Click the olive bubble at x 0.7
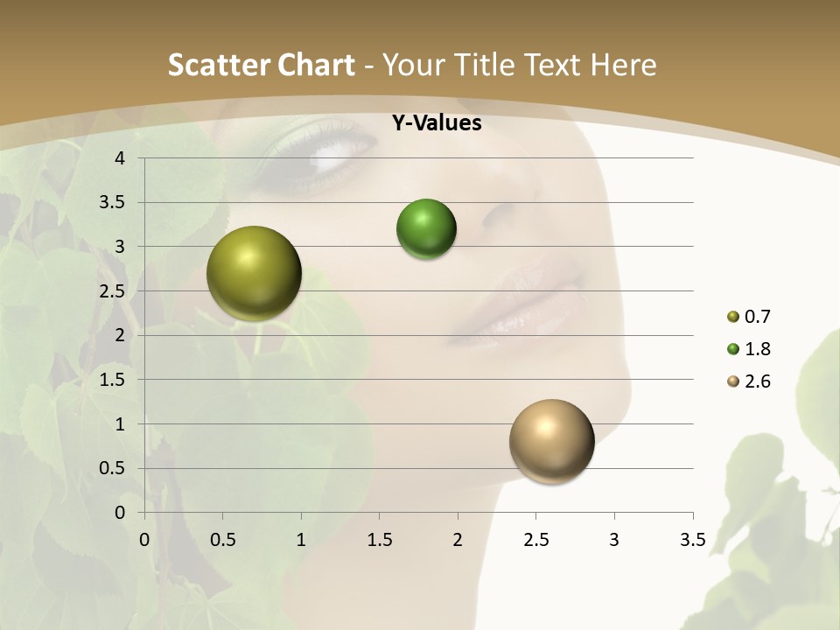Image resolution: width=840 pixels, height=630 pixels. (x=255, y=273)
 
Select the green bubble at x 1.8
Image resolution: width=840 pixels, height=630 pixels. (x=426, y=229)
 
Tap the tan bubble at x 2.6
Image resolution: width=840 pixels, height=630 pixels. (x=551, y=441)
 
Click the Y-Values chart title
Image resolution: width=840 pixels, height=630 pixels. (x=436, y=123)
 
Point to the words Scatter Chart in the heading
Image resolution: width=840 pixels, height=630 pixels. (x=261, y=65)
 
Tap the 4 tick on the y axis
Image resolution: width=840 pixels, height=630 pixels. (x=120, y=158)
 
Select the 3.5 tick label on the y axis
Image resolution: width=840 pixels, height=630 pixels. (x=113, y=203)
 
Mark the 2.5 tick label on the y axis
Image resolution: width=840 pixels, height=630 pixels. (x=113, y=291)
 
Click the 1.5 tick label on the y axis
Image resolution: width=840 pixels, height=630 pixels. (x=113, y=380)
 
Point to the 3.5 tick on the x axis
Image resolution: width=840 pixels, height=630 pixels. (x=692, y=540)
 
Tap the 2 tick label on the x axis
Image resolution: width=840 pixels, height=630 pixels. (x=458, y=540)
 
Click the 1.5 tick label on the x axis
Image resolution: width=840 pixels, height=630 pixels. (x=379, y=540)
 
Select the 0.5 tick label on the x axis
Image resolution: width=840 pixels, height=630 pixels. (x=222, y=540)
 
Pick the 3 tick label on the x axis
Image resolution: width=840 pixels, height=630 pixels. (x=614, y=540)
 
